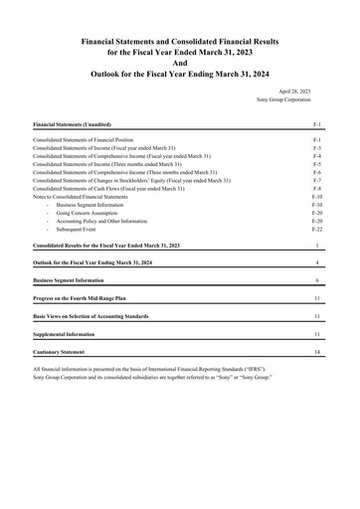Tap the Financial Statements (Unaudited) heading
coord(73,125)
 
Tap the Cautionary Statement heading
coord(66,353)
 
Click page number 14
coord(316,353)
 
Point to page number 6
coord(316,280)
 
